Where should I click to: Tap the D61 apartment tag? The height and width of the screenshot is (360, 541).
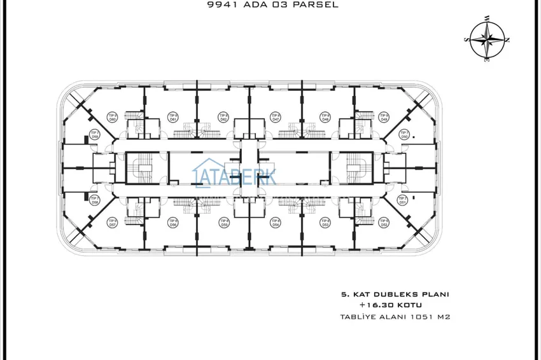pos(172,118)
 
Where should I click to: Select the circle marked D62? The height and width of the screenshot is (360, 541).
pos(224,118)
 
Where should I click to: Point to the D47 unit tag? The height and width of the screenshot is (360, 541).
pos(276,118)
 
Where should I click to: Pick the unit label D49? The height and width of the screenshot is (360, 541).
pos(384,118)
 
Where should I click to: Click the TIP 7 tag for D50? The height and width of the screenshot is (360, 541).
pos(404,135)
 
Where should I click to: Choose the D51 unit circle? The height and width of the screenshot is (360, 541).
pos(403,200)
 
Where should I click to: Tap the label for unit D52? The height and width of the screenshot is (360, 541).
pos(384,223)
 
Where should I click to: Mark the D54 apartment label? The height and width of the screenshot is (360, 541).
pos(276,223)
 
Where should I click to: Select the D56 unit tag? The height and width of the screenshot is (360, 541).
pos(172,223)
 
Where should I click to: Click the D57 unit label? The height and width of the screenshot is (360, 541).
pos(113,223)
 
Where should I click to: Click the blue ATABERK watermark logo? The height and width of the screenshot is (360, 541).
pos(234,175)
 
